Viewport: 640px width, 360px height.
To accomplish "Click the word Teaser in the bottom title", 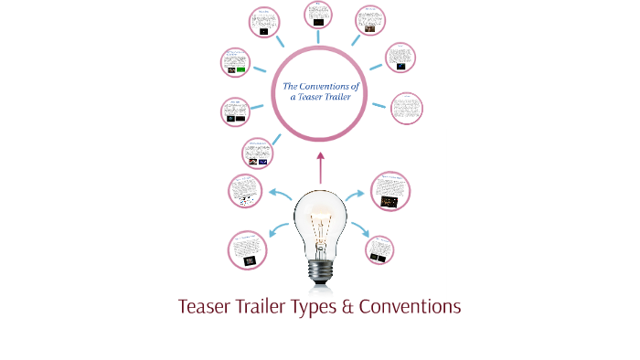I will (x=208, y=307).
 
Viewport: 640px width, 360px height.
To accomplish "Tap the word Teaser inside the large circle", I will (x=315, y=98).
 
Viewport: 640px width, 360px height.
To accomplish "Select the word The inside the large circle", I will (x=290, y=87).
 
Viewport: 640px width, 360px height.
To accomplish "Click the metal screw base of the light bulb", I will (x=320, y=269).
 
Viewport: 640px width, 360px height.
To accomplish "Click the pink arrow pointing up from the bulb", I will (x=320, y=168).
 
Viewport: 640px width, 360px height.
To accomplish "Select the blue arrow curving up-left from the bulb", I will (x=278, y=193).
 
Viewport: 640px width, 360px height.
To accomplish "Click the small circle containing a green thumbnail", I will (x=235, y=63).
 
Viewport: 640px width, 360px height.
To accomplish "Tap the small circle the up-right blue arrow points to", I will (x=390, y=190).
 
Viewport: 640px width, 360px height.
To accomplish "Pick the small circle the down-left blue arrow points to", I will (x=248, y=250).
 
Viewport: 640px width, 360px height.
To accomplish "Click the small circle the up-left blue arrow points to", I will (x=247, y=190).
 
